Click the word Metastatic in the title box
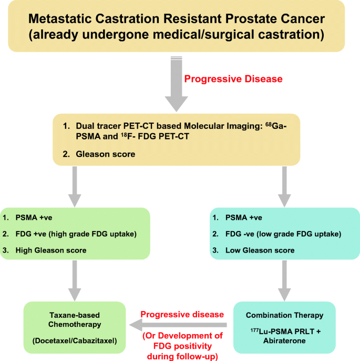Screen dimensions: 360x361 tap(60, 18)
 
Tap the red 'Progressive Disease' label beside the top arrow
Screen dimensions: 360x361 tap(233, 79)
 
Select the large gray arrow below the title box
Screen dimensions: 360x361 tap(177, 84)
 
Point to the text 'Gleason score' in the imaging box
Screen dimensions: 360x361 tap(106, 154)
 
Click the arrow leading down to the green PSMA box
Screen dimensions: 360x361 tap(75, 187)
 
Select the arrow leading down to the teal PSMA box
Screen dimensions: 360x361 tap(284, 187)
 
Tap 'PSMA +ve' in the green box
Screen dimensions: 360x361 tap(34, 217)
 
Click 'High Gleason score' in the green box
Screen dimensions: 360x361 tap(51, 250)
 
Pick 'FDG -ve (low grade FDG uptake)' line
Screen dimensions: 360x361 tap(283, 234)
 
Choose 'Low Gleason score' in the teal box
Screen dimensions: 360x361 tap(260, 250)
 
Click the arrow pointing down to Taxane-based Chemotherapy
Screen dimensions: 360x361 tap(75, 280)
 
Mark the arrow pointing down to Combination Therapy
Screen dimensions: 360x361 tap(284, 280)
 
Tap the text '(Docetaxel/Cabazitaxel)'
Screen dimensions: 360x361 tap(75, 340)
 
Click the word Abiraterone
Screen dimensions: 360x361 tap(284, 340)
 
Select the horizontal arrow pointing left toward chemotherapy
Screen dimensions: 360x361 tap(178, 325)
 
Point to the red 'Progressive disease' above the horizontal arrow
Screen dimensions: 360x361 tap(182, 315)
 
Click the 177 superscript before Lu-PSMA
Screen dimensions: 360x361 tap(254, 330)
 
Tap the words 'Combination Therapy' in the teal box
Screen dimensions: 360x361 tap(284, 315)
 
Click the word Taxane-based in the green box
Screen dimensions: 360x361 tap(75, 315)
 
